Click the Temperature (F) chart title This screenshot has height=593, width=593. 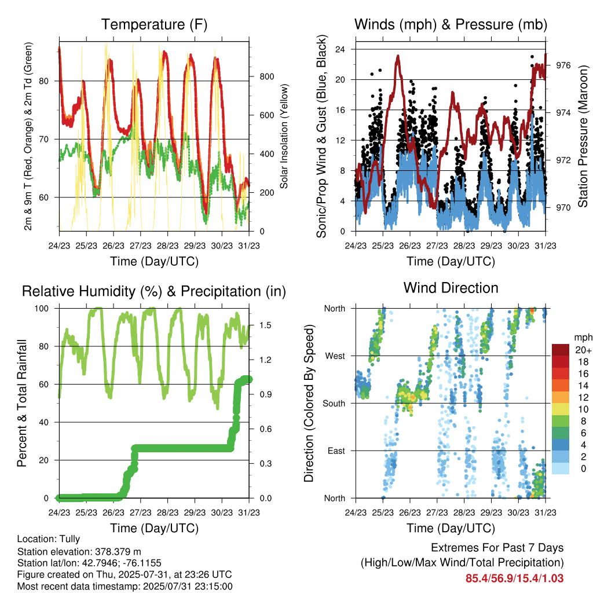[x=154, y=24]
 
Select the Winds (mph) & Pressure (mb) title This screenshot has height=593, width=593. [x=451, y=24]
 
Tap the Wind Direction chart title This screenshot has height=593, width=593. [x=451, y=288]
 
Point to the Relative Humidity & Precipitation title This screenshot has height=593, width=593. [x=154, y=292]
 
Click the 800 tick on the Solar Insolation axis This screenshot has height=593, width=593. [x=266, y=76]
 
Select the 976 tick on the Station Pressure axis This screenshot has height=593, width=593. [x=563, y=65]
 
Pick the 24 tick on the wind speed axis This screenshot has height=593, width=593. [x=340, y=49]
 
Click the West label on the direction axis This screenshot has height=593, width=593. [x=335, y=356]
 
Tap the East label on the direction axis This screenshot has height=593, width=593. [x=336, y=451]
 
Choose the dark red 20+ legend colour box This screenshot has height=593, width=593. [x=561, y=350]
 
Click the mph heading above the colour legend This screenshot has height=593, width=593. [x=583, y=338]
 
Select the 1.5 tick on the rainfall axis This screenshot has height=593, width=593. [x=265, y=325]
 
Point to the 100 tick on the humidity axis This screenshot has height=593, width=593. [x=42, y=309]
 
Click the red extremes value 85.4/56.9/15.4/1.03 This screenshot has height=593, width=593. [x=514, y=579]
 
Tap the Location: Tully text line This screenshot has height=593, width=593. [x=49, y=539]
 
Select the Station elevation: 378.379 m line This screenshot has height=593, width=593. [x=79, y=551]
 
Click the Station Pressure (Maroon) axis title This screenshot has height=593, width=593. [x=583, y=136]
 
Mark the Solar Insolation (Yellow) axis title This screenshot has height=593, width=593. [x=284, y=136]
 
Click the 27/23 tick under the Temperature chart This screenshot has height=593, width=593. [x=140, y=246]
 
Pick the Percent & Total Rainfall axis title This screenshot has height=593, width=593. [x=22, y=403]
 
